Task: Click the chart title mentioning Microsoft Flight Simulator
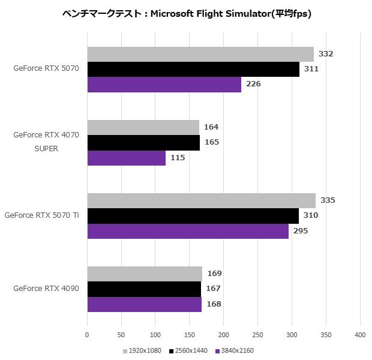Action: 186,13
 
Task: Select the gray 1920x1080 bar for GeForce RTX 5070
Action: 200,54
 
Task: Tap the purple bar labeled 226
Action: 164,85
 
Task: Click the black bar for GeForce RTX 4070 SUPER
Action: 143,143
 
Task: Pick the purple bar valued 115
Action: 126,158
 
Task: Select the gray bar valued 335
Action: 201,200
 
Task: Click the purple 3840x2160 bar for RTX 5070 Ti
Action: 188,231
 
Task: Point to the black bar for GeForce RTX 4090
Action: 144,289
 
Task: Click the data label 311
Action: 311,69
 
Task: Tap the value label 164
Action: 211,127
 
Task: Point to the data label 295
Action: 301,231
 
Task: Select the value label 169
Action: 214,274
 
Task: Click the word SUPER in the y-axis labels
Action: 46,149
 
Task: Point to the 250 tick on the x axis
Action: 258,335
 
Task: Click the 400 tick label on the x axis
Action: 360,335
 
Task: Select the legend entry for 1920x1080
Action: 142,351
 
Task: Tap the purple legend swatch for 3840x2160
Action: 218,351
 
